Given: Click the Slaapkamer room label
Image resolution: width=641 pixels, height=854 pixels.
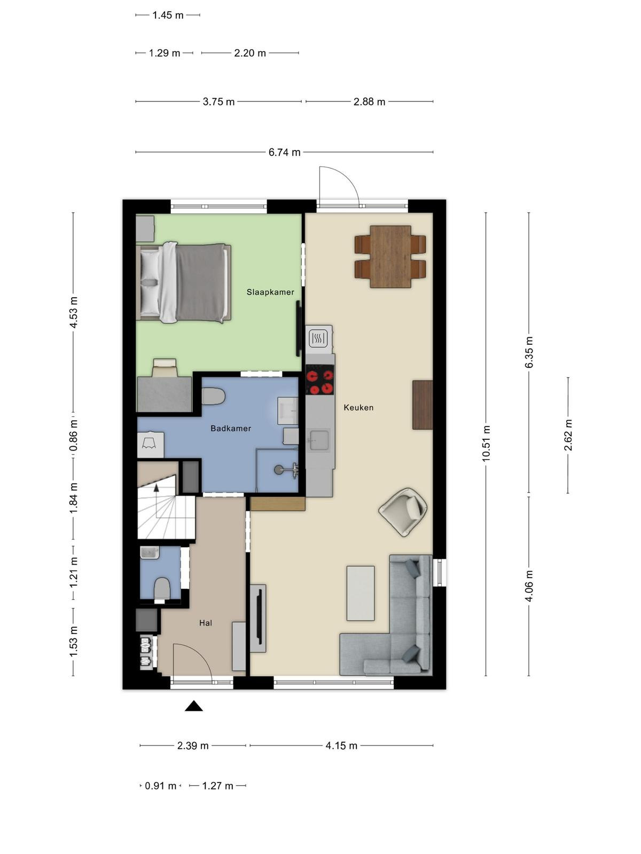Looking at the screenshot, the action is (x=270, y=292).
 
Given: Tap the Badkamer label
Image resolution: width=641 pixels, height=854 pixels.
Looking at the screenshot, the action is (x=231, y=429).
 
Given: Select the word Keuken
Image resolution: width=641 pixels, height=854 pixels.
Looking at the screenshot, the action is (x=358, y=407).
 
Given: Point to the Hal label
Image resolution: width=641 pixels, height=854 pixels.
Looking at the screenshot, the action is (x=206, y=623).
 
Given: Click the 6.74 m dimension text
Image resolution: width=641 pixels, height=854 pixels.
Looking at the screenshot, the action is (x=285, y=152).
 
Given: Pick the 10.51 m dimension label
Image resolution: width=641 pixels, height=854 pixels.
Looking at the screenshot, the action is (x=486, y=444).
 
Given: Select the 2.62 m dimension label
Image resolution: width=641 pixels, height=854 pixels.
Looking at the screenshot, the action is (x=568, y=435).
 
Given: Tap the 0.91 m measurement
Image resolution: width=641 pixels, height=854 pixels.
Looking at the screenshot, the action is (x=161, y=786).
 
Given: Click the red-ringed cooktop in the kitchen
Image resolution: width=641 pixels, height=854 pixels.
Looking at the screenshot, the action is (x=320, y=380).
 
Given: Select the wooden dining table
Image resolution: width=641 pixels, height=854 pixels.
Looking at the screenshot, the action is (x=390, y=256).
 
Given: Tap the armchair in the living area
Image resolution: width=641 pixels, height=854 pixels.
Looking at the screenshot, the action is (x=403, y=512).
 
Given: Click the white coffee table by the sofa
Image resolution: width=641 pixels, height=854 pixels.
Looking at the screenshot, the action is (x=361, y=594).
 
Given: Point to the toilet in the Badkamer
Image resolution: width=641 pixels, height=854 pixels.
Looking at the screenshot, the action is (x=213, y=397).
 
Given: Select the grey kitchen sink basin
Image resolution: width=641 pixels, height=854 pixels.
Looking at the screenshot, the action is (x=319, y=440).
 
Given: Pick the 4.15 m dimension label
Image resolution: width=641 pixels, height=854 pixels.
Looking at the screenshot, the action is (x=341, y=746).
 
